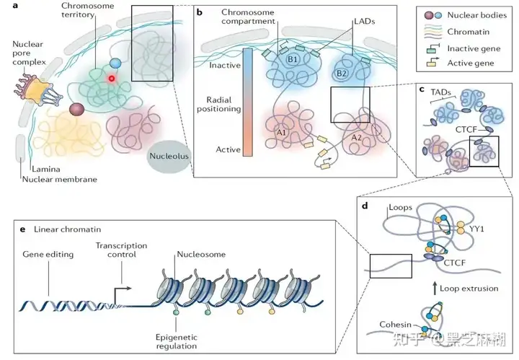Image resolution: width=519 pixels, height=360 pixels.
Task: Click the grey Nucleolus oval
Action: pos(169,157)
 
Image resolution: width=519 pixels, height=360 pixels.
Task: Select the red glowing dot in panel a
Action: pos(112,79)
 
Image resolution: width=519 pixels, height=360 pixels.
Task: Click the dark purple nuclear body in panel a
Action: pos(76,109)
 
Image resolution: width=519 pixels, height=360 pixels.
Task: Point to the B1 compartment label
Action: pos(292,60)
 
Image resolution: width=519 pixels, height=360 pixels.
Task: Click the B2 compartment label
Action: pos(341,73)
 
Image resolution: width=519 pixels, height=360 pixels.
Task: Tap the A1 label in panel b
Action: pos(281,133)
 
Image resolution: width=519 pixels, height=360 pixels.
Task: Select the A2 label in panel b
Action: pos(357,138)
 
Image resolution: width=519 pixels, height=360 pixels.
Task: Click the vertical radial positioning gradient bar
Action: pos(247,102)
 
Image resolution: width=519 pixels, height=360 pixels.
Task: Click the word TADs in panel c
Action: pos(440,92)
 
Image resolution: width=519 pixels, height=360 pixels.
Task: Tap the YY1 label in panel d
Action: pos(476,229)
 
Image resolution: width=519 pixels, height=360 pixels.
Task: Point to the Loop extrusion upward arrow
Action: pos(435,289)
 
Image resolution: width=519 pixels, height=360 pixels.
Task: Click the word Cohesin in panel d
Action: pos(395,325)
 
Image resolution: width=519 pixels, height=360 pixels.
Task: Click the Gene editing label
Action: pos(48,255)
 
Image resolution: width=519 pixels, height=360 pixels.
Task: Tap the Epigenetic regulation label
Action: pos(177,341)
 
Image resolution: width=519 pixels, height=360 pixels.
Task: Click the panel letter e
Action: pos(22,229)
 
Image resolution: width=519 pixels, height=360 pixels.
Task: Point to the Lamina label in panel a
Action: pos(46,170)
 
